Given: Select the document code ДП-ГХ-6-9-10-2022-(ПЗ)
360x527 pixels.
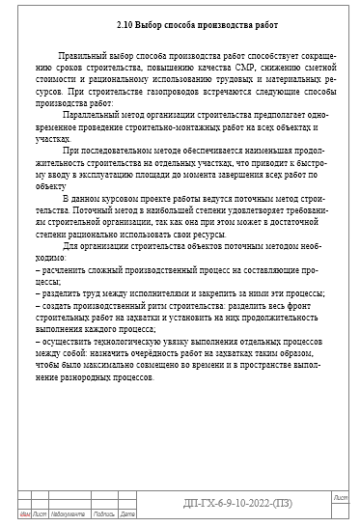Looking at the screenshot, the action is [x=235, y=503].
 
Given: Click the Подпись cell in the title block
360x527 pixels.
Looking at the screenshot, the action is [x=103, y=513].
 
